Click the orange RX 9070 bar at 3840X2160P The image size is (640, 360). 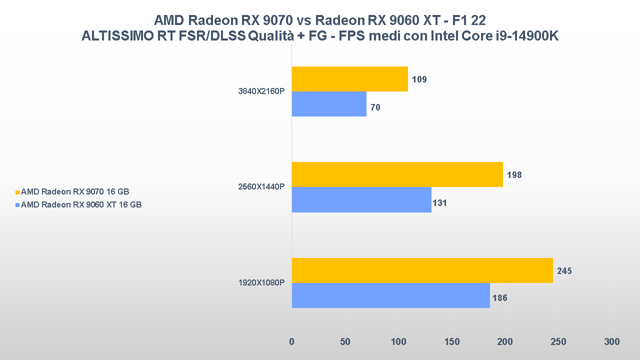[349, 79]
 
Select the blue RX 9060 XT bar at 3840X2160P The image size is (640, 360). [329, 104]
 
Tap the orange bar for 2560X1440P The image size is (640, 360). [397, 174]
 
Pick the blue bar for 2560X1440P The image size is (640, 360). [361, 199]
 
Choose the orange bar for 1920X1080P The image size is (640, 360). [422, 270]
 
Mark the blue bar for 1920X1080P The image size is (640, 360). [390, 295]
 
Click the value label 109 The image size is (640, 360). [419, 79]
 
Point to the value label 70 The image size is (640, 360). [375, 107]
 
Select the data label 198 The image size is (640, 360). [514, 175]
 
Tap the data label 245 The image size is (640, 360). [564, 271]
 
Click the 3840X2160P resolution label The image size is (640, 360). [261, 91]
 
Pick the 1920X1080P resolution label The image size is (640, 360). [261, 283]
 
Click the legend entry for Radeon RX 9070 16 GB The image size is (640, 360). [78, 191]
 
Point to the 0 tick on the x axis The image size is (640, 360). [291, 342]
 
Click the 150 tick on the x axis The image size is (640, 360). [451, 342]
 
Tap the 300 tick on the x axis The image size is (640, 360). [611, 342]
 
